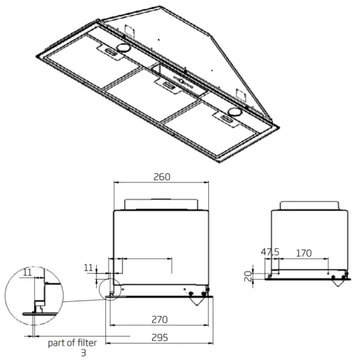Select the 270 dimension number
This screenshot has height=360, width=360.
[x=160, y=319]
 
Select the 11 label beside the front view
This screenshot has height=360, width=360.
[x=88, y=268]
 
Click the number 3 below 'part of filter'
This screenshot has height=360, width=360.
[x=83, y=353]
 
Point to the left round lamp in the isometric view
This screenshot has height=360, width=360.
[x=122, y=50]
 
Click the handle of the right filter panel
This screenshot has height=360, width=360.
[x=226, y=117]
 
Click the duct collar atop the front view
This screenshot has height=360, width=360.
[x=161, y=204]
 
